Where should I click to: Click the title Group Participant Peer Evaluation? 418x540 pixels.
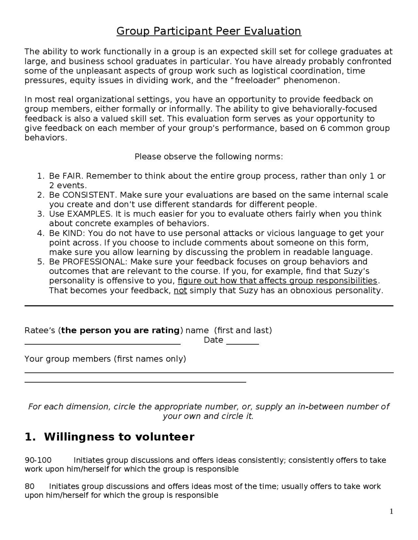[x=209, y=31]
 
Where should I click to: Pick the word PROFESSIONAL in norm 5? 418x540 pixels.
[x=93, y=262]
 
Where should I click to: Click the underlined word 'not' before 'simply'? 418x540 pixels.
[x=180, y=291]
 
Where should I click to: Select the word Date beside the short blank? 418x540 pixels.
[x=213, y=340]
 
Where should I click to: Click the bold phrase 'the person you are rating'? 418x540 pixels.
[x=121, y=331]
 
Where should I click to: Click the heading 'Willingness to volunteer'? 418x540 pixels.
[x=119, y=437]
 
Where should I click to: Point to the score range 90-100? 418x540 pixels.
[x=38, y=460]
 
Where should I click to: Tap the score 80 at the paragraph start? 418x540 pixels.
[x=30, y=487]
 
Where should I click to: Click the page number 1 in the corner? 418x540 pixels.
[x=391, y=511]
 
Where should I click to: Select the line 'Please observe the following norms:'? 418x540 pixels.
[x=209, y=157]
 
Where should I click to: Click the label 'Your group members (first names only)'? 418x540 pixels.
[x=105, y=359]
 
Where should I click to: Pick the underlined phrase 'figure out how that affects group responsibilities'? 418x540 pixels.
[x=277, y=281]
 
